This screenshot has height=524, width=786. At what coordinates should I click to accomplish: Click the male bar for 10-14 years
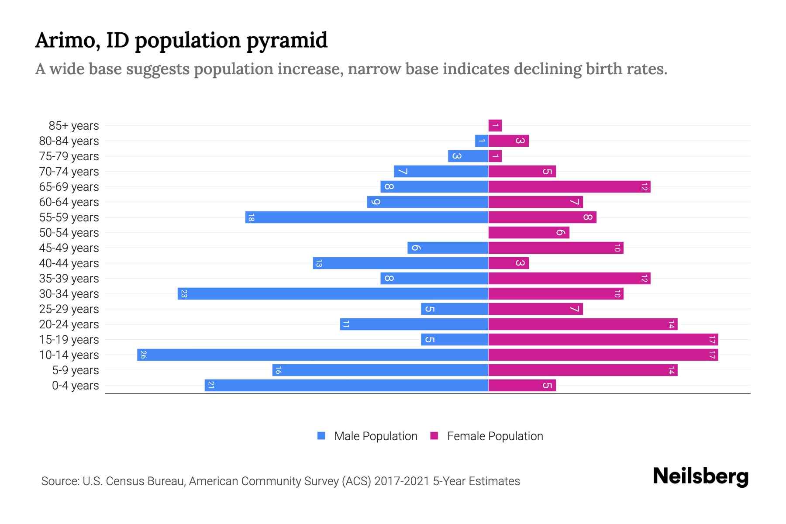pos(313,355)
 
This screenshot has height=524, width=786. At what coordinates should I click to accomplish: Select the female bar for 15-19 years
pos(603,339)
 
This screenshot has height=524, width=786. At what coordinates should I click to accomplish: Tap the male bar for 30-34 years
pos(333,293)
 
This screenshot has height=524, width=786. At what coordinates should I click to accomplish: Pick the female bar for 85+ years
pos(495,125)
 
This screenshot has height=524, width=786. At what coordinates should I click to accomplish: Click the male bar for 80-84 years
pos(482,141)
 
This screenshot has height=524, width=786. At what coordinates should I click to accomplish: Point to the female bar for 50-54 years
pos(529,232)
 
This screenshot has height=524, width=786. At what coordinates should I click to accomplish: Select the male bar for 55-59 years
pos(367,217)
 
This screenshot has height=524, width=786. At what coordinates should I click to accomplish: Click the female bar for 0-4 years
pos(522,385)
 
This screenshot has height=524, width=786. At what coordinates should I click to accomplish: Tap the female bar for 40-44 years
pos(508,263)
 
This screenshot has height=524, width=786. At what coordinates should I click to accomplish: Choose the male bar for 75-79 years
pos(468,156)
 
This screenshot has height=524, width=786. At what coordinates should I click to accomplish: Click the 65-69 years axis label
pos(69,187)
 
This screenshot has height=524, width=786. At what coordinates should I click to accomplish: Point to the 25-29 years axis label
pos(69,309)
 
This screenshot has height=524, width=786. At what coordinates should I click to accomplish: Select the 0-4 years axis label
pos(75,386)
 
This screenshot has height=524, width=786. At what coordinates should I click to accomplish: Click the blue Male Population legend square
pos(321,436)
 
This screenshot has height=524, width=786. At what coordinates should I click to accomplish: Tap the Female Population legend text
pos(495,436)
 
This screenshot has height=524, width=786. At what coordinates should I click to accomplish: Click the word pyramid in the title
pos(286,41)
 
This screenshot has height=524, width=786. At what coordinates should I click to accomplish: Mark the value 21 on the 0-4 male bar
pos(211,385)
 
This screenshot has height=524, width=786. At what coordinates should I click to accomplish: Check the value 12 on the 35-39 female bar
pos(644,279)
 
